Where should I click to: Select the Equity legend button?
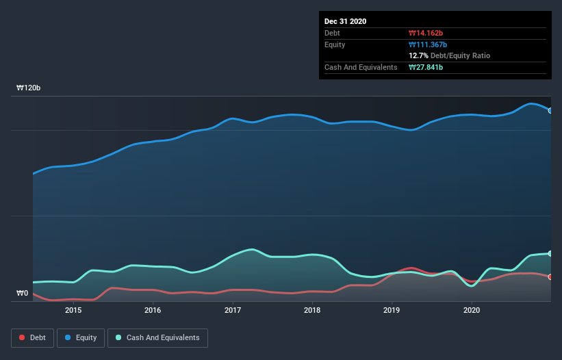click(x=81, y=337)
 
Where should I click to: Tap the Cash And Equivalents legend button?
click(x=157, y=337)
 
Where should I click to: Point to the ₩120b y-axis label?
click(x=29, y=88)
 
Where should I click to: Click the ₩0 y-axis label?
click(x=23, y=294)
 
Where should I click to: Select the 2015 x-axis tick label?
click(x=73, y=310)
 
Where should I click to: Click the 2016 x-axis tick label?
click(x=153, y=310)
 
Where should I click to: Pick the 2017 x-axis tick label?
click(x=233, y=310)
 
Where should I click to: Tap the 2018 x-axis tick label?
click(x=312, y=310)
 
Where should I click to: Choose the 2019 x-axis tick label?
click(x=392, y=310)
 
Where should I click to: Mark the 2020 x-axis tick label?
click(x=472, y=310)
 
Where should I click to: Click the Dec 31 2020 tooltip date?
click(x=346, y=21)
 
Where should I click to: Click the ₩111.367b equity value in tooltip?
click(x=427, y=44)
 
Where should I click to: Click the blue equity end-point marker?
click(x=550, y=110)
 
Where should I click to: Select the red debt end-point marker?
click(x=550, y=277)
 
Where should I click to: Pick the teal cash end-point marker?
click(x=550, y=253)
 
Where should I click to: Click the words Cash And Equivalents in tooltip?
click(x=361, y=67)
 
